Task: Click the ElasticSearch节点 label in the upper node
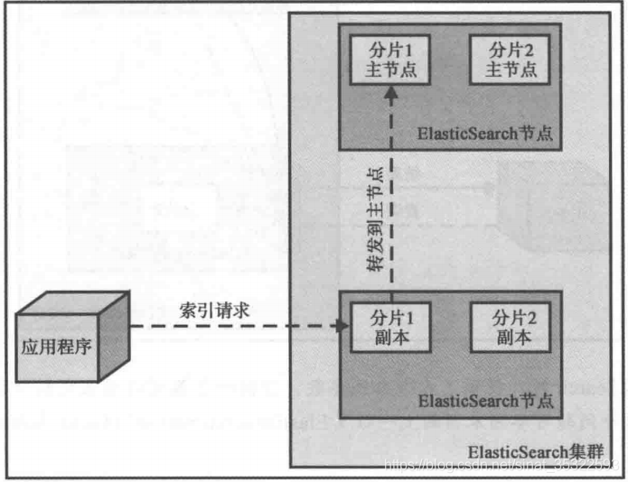click(x=483, y=133)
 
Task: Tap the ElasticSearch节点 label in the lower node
click(x=483, y=400)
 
